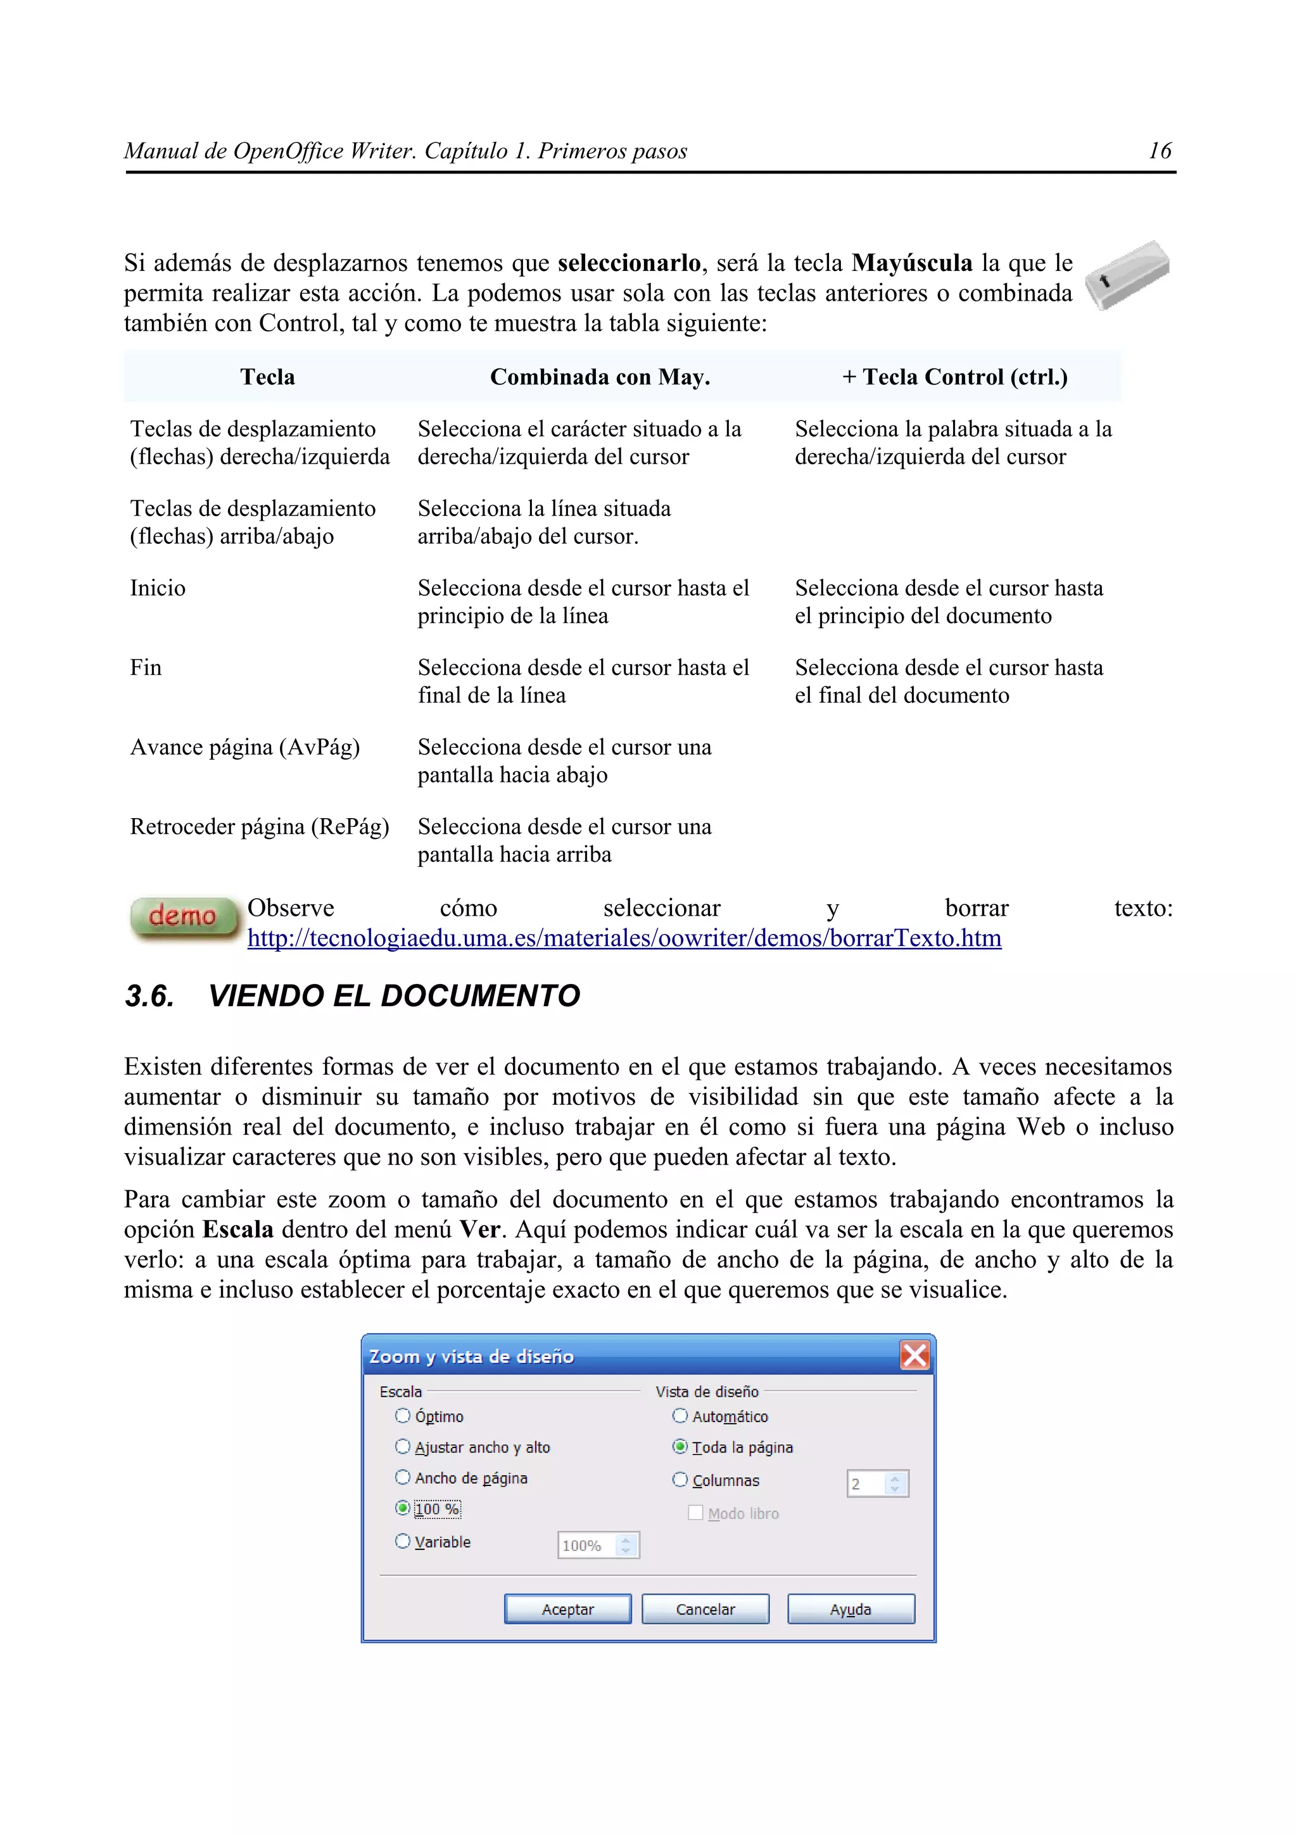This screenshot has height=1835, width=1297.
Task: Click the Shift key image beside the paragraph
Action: click(1127, 275)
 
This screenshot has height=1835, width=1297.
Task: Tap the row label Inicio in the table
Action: click(158, 588)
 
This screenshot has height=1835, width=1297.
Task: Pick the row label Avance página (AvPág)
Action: click(244, 747)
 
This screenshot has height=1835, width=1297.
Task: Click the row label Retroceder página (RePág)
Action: click(259, 826)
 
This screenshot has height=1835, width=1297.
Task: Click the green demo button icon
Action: click(184, 917)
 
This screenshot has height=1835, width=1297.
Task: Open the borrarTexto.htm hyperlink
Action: click(623, 938)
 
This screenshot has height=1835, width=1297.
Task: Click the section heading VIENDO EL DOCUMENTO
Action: click(393, 996)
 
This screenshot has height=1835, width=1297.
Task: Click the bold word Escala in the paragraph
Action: click(237, 1229)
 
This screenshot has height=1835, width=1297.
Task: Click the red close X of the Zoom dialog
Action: click(914, 1356)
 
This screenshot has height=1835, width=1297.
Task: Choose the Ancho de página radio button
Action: click(403, 1477)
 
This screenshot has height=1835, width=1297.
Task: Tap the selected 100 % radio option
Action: click(403, 1508)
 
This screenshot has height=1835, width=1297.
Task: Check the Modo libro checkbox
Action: click(695, 1512)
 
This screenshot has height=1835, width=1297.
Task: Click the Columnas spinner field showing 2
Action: click(866, 1484)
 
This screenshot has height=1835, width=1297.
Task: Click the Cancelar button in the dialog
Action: click(705, 1609)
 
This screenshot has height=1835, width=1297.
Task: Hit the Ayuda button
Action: click(851, 1609)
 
